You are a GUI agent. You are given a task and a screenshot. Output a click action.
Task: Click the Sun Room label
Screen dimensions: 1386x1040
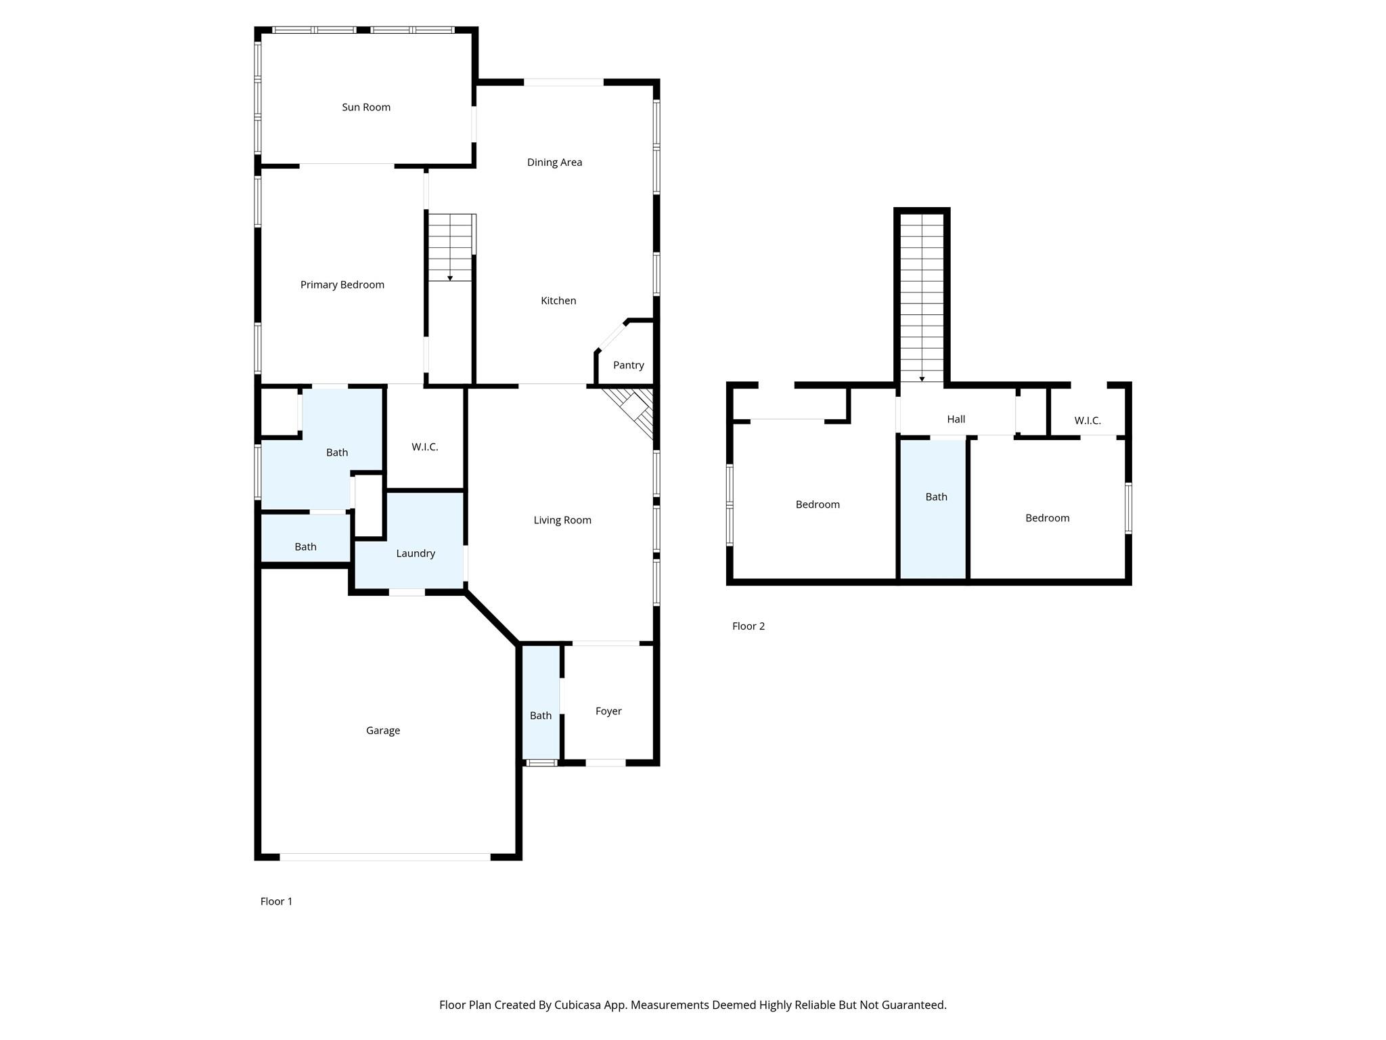(x=366, y=107)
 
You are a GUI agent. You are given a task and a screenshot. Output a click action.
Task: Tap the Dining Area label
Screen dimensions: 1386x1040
(x=554, y=162)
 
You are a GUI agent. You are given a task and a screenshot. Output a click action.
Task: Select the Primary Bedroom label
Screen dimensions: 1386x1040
(x=342, y=285)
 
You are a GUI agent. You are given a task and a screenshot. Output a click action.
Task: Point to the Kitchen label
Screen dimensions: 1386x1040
(x=558, y=301)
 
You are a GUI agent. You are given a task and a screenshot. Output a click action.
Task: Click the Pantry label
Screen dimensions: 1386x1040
(x=629, y=365)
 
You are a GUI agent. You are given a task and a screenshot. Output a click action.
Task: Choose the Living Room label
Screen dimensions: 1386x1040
(x=562, y=520)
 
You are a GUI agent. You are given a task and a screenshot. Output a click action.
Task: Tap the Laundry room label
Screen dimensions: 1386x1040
(x=416, y=553)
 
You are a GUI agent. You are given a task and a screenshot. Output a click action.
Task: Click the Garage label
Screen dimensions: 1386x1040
(x=383, y=731)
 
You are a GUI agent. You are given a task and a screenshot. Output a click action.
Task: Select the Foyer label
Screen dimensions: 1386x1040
(x=608, y=711)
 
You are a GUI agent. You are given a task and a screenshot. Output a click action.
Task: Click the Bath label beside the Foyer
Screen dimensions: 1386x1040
(x=541, y=716)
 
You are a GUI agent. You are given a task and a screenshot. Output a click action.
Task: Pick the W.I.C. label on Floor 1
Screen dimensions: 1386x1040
(x=425, y=447)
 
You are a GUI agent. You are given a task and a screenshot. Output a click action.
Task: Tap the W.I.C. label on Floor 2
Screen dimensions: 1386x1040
(x=1088, y=420)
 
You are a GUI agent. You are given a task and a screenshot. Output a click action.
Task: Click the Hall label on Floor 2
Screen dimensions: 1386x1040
(x=956, y=419)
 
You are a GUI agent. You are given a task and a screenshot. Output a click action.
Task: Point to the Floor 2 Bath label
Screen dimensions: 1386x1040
(x=937, y=497)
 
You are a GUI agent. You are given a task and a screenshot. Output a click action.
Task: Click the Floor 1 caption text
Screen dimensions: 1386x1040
(x=277, y=901)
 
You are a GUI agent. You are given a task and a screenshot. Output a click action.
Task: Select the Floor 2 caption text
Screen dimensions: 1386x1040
(x=748, y=626)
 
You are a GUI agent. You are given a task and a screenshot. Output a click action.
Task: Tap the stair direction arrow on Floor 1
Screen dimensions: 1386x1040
(x=450, y=278)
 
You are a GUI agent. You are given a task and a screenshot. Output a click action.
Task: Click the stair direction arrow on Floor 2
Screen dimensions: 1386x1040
(x=922, y=379)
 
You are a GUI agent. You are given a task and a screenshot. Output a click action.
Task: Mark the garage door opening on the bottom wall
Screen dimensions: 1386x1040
(x=385, y=857)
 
